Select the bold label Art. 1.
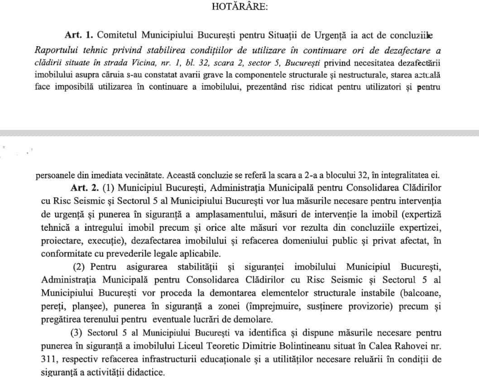click(79, 35)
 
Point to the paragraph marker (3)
click(77, 333)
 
